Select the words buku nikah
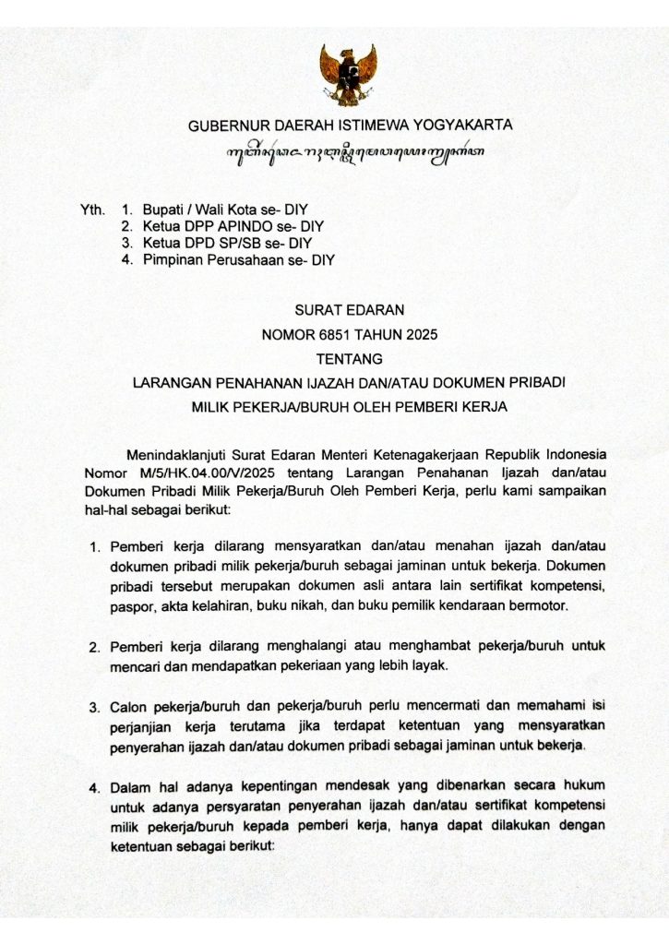click(317, 607)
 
